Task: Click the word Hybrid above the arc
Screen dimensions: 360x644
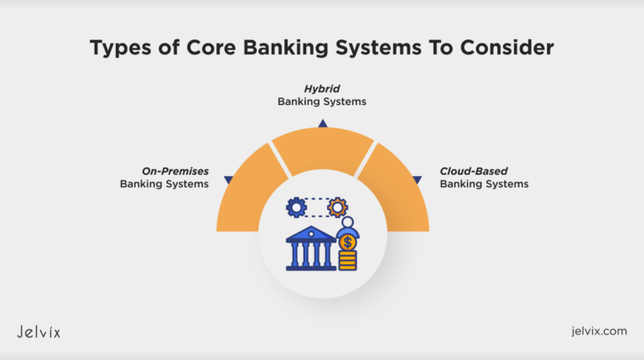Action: (x=322, y=88)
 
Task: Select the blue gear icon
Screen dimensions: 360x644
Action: (x=296, y=206)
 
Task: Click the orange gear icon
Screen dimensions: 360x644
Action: (x=337, y=206)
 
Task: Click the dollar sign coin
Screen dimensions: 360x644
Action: (x=347, y=243)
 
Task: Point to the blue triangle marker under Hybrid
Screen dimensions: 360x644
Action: (x=322, y=123)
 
